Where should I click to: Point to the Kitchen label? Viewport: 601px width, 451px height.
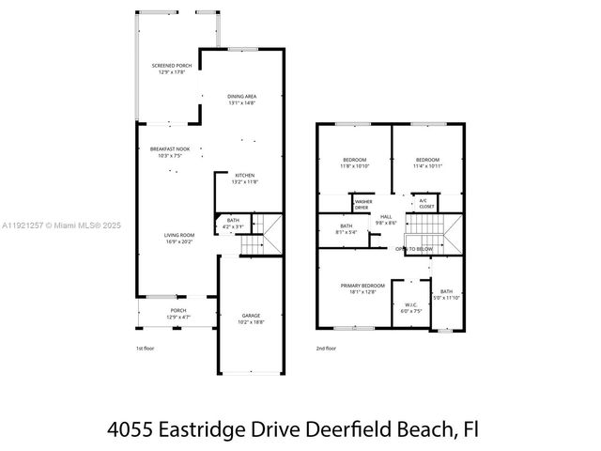coord(245,177)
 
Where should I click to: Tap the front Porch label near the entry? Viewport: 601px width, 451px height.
coord(177,314)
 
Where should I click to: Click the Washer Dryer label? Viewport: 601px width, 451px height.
coord(362,204)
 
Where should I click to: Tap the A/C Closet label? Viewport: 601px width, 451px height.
coord(424,202)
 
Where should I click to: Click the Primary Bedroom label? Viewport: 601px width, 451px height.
coord(362,288)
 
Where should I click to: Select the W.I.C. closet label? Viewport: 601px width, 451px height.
coord(411,306)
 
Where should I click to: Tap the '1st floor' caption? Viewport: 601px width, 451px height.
coord(146,349)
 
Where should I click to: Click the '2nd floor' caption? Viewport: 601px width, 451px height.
coord(326,349)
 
